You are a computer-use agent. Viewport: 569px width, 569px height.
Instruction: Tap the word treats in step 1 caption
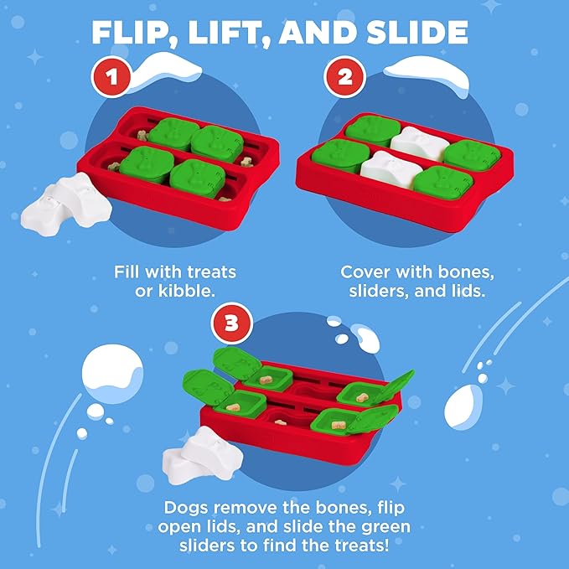tap(209, 272)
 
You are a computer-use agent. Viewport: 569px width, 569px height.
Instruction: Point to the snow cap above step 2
tap(427, 72)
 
